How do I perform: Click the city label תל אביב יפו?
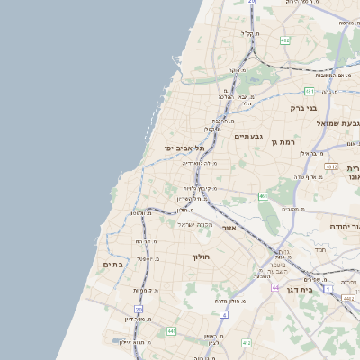(x=185, y=148)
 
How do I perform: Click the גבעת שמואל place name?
(x=339, y=123)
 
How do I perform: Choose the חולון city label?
(x=201, y=257)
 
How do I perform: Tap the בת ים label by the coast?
(x=112, y=265)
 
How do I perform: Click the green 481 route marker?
(x=310, y=91)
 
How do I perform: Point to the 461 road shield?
(x=263, y=196)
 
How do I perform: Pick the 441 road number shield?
(x=171, y=332)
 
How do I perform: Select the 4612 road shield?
(x=332, y=167)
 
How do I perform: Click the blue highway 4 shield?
(x=224, y=316)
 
